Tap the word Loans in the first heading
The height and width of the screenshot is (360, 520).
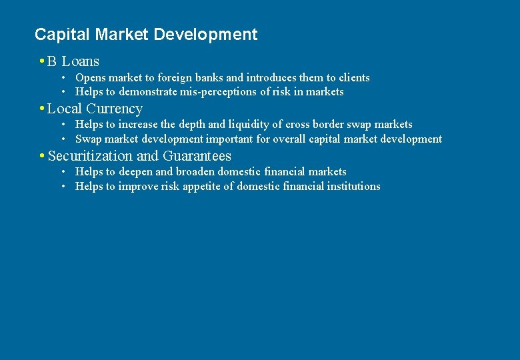81,62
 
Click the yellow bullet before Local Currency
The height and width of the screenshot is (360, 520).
42,109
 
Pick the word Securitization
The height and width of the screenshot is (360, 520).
90,156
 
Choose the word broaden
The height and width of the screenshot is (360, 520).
195,172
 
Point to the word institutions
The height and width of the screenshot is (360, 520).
353,187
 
